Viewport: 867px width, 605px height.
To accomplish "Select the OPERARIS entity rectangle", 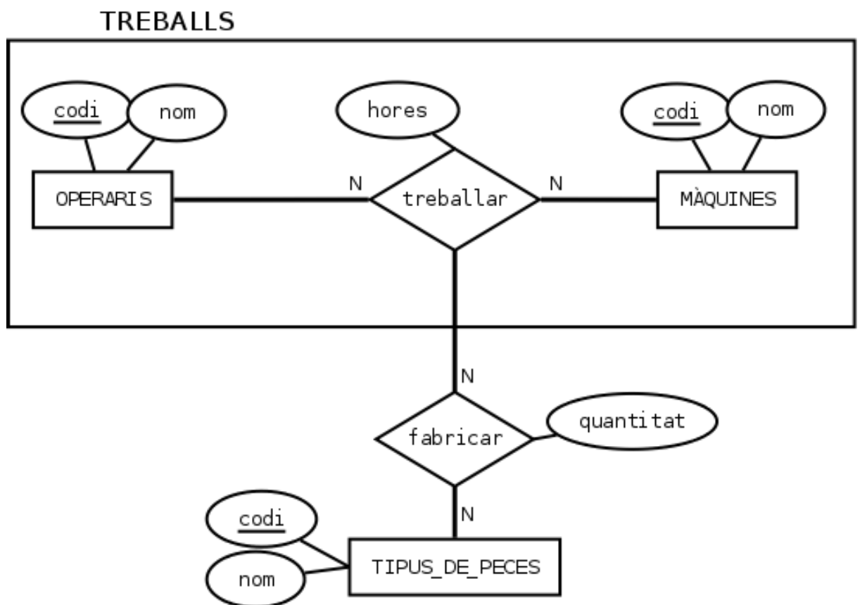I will [103, 199].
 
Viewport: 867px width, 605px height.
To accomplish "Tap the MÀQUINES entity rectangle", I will [727, 199].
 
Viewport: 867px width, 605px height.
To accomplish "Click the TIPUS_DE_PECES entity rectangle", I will [455, 567].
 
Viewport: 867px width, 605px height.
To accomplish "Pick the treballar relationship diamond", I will [455, 199].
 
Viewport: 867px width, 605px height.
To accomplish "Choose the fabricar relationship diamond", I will [455, 438].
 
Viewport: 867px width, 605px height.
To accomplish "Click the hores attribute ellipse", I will [398, 110].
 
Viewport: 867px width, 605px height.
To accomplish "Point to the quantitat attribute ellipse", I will [632, 422].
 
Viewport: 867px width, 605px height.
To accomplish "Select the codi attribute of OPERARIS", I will [75, 112].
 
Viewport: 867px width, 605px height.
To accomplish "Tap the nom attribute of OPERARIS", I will [175, 113].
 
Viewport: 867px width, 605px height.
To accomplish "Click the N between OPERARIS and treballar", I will [355, 184].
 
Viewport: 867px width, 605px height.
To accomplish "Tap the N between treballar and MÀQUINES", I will [556, 184].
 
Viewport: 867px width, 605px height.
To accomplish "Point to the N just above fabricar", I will [467, 376].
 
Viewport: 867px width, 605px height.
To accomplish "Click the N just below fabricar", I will [467, 514].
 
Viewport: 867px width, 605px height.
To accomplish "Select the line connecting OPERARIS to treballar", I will [271, 199].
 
